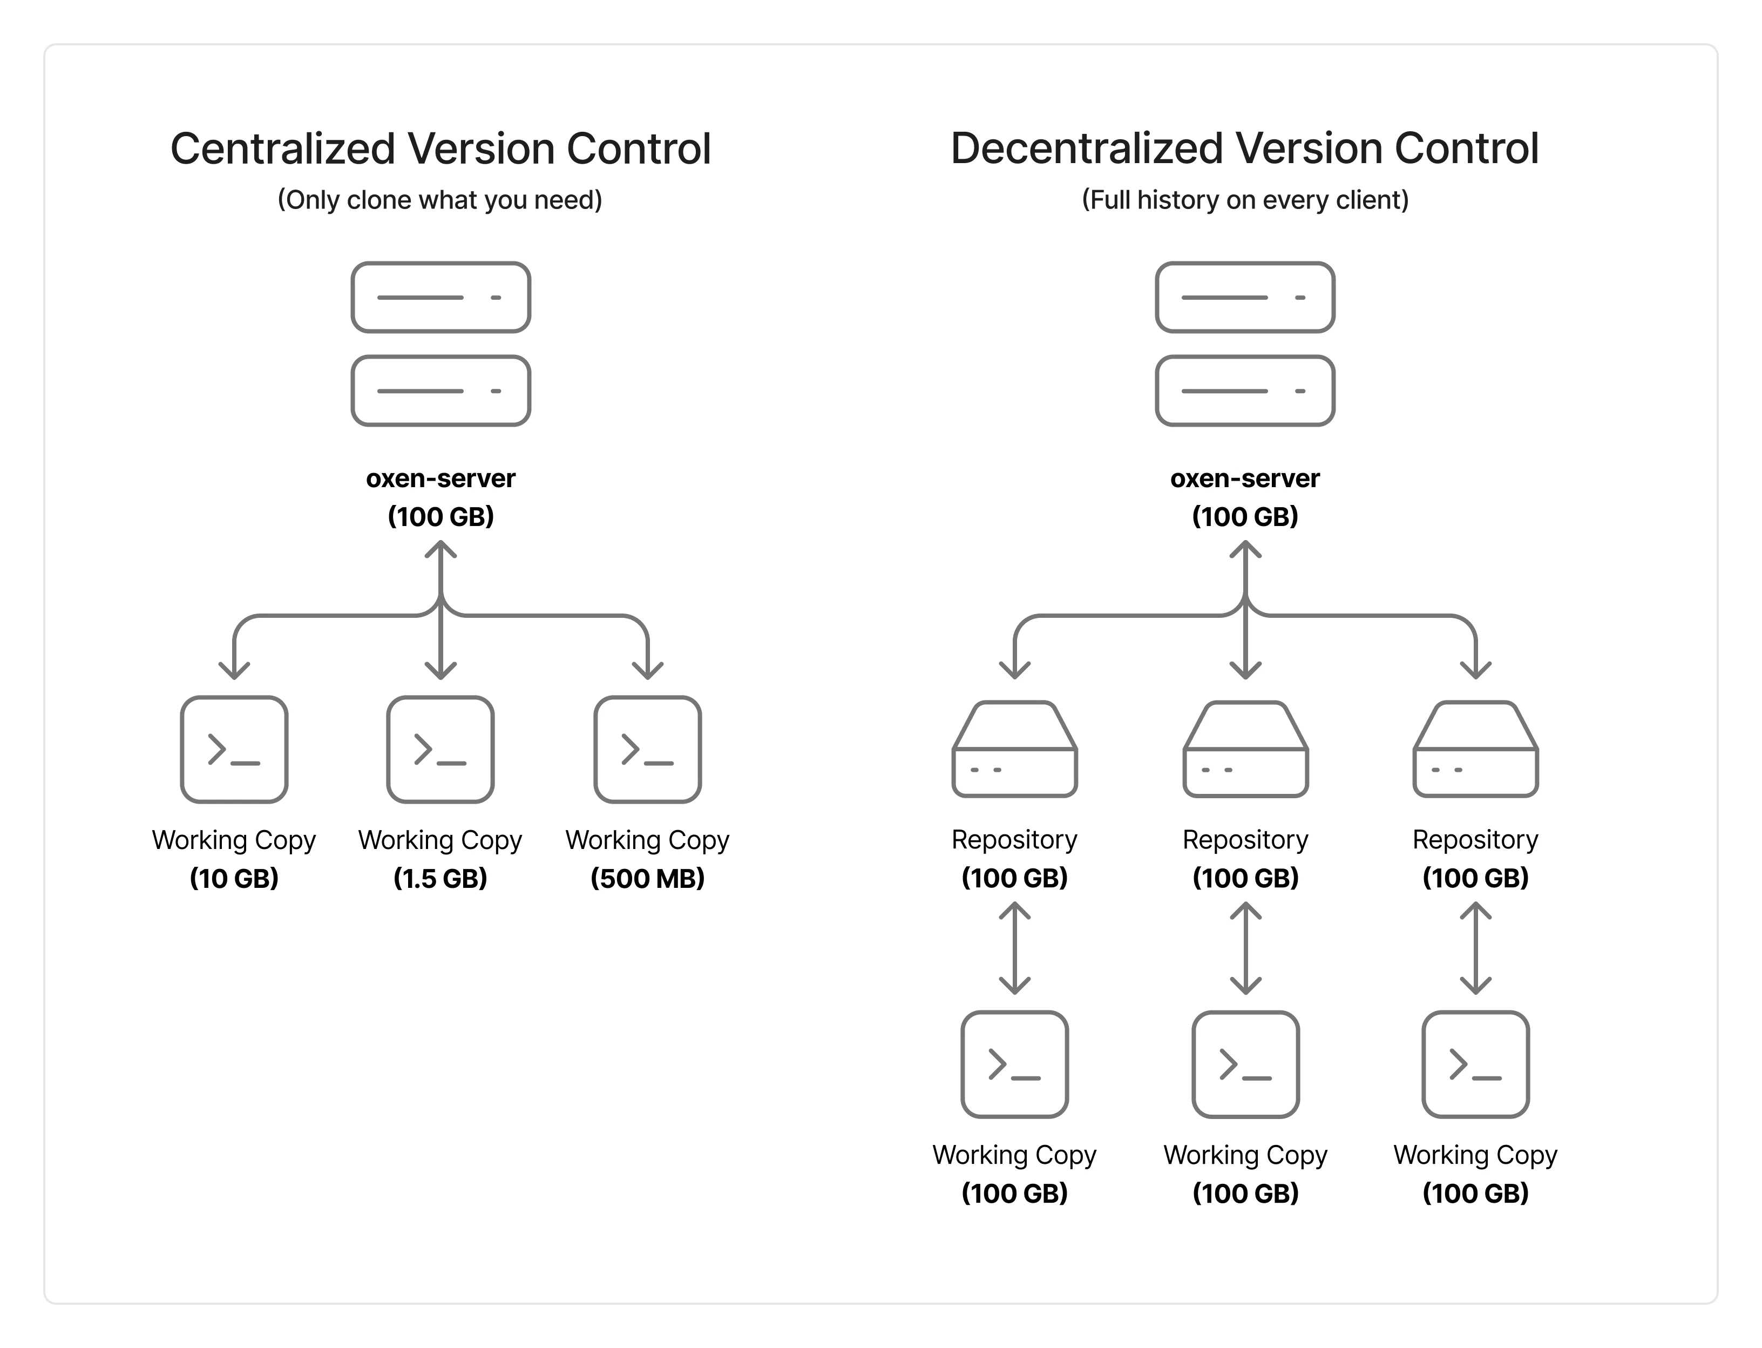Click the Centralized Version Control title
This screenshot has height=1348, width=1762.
point(440,149)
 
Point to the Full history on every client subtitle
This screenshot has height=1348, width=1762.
point(1245,200)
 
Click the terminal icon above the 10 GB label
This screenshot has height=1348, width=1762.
point(234,750)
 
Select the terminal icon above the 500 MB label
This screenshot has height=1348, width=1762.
point(647,750)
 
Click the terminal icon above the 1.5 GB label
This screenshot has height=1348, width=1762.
point(440,750)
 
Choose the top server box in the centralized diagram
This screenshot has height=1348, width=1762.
point(440,297)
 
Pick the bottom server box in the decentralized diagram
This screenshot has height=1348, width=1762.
point(1245,391)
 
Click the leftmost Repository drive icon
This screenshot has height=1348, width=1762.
point(1014,750)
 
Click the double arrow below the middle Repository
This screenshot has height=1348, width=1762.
point(1245,948)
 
